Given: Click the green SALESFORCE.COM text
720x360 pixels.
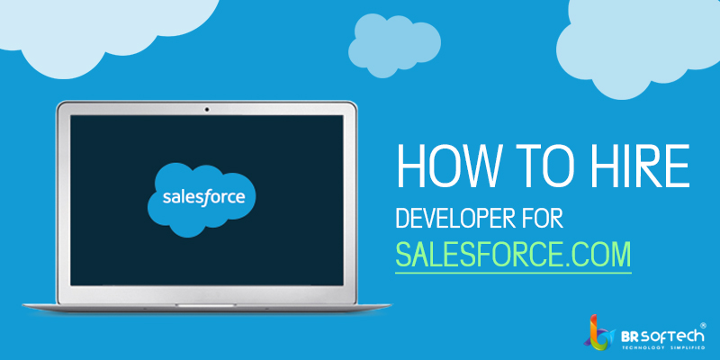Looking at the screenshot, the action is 513,254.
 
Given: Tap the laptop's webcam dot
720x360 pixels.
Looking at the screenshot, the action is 207,109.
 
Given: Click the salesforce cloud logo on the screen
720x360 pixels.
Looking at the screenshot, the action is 202,198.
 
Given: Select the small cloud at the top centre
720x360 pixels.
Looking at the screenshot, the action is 394,44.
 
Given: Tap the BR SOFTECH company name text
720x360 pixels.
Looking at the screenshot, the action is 662,335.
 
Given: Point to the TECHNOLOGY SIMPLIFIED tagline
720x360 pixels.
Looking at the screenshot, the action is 663,348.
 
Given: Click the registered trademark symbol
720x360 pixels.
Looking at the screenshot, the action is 703,325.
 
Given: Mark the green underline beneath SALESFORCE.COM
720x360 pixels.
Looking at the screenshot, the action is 513,274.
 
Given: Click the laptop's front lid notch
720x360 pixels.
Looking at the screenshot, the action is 206,305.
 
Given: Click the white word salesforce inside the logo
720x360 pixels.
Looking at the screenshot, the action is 204,197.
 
